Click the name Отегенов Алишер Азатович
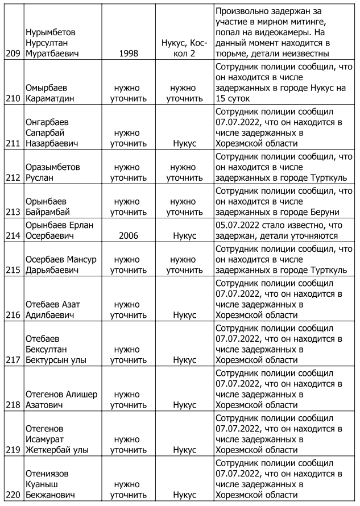61,400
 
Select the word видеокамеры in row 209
282,32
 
